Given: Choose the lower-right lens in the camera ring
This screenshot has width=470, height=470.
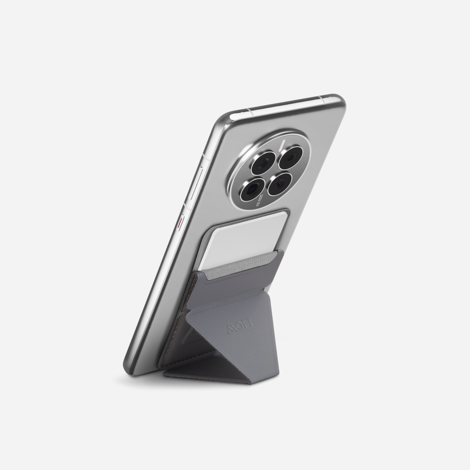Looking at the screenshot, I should click(280, 184).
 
